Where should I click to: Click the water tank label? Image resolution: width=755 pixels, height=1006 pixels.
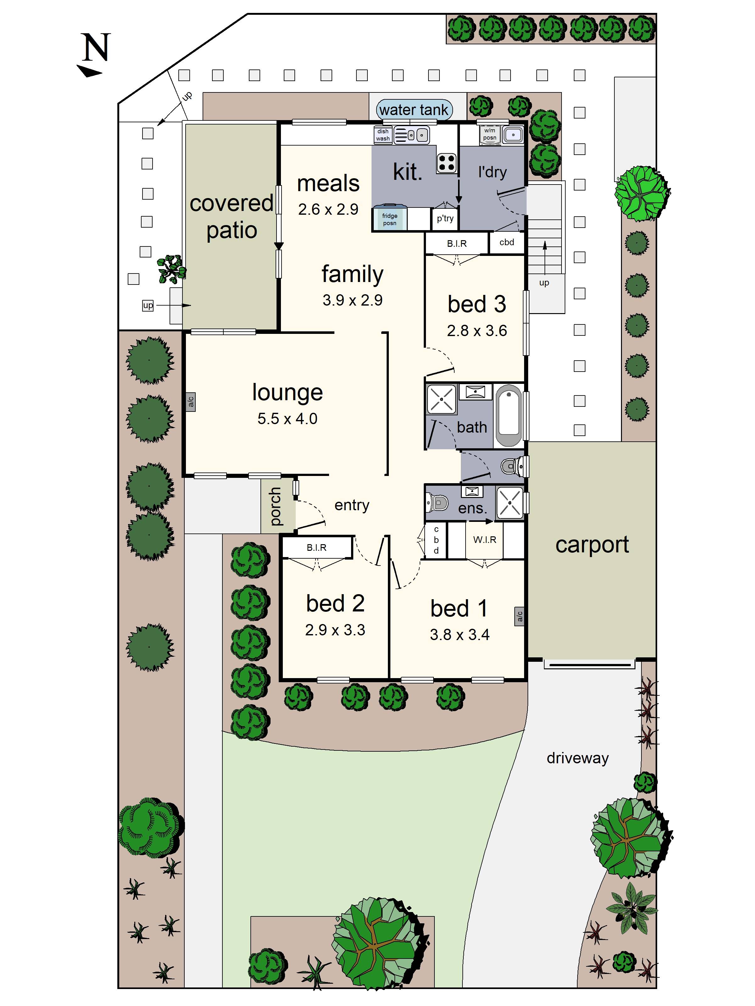(414, 110)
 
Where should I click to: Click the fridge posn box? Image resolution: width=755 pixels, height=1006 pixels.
(389, 219)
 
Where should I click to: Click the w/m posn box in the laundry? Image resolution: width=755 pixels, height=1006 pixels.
(490, 134)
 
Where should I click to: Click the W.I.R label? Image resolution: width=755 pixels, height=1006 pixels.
(485, 540)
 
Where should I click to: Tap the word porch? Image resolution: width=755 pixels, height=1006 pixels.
(275, 506)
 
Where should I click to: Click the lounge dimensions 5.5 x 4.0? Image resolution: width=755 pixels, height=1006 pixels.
(287, 418)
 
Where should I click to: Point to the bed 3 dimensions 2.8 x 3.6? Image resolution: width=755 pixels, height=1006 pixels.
(477, 331)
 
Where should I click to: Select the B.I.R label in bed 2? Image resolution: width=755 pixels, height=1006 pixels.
(316, 548)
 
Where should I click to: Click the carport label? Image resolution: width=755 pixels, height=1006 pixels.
(592, 544)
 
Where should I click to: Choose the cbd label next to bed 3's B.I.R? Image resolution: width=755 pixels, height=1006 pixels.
(506, 242)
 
